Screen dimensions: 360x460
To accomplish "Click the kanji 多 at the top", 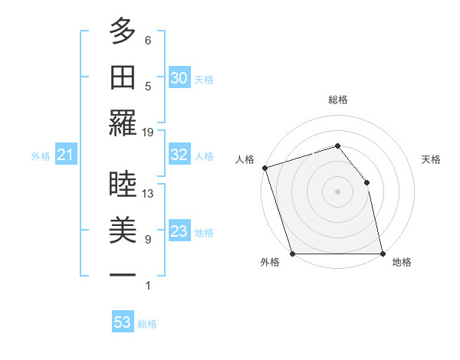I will pos(123,31).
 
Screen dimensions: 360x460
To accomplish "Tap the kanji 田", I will pos(123,77).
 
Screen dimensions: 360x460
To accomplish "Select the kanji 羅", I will pos(123,123).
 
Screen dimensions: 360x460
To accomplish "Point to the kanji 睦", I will pos(123,185).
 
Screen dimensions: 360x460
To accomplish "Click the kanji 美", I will pos(123,231).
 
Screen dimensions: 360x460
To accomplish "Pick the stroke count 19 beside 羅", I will pos(148,133).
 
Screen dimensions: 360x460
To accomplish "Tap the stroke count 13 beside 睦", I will pos(148,194).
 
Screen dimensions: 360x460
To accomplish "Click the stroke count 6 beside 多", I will pos(148,41).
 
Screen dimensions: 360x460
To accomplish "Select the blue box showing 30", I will pos(179,77).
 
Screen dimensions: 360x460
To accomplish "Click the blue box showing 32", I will pos(179,155).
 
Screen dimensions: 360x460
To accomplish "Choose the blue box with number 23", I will pos(179,231).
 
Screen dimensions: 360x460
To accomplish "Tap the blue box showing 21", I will pos(65,155).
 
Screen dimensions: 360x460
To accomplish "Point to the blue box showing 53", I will pos(123,322).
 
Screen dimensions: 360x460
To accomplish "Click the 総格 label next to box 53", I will pos(147,324).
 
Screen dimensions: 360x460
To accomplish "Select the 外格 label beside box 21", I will pos(41,156).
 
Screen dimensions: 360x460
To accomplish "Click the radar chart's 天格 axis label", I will pos(432,159).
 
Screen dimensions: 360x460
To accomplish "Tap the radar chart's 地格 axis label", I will pos(402,262).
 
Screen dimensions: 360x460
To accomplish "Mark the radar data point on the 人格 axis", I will pos(264,167).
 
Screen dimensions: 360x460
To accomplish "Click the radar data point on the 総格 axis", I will pos(337,146).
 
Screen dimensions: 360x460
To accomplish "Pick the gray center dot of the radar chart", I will pos(337,191).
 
